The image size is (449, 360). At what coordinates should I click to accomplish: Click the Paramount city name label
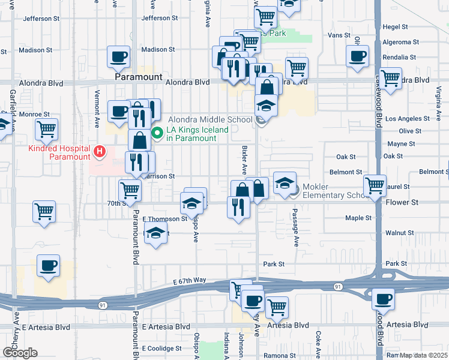click(139, 77)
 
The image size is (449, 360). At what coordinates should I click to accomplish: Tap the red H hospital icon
click(100, 151)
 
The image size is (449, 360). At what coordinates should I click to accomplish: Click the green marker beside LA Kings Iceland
click(158, 133)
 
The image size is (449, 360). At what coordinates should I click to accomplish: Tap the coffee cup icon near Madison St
click(118, 57)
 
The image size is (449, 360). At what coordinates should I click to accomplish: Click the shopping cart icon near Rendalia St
click(391, 78)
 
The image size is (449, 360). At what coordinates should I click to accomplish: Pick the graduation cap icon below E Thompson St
click(156, 232)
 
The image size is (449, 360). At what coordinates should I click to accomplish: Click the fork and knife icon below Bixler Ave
click(238, 206)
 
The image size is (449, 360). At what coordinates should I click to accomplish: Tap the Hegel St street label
click(395, 27)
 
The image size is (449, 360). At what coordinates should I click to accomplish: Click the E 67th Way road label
click(190, 280)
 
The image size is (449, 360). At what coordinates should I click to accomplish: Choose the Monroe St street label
click(34, 114)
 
